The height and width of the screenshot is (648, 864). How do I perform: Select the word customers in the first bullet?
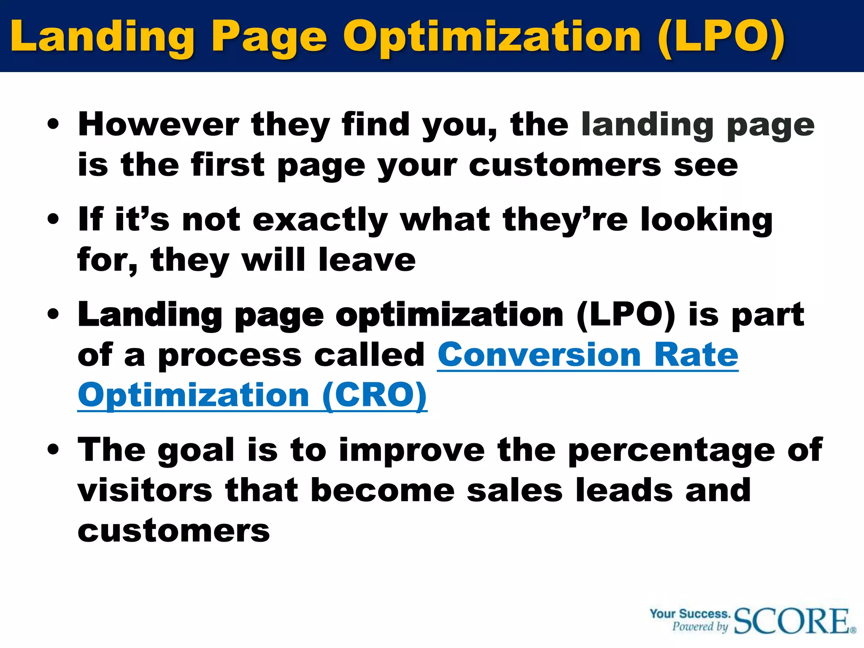pos(565,165)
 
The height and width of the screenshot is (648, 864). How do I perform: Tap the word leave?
pos(367,259)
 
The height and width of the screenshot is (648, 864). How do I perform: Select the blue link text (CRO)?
pos(375,395)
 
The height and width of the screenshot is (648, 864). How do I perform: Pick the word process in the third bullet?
pos(230,356)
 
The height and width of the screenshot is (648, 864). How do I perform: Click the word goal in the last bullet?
pos(196,450)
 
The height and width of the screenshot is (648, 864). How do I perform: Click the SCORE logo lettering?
pos(793,621)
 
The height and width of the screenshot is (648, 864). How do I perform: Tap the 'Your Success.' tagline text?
pos(690,614)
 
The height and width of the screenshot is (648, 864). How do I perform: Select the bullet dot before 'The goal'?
pos(53,450)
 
